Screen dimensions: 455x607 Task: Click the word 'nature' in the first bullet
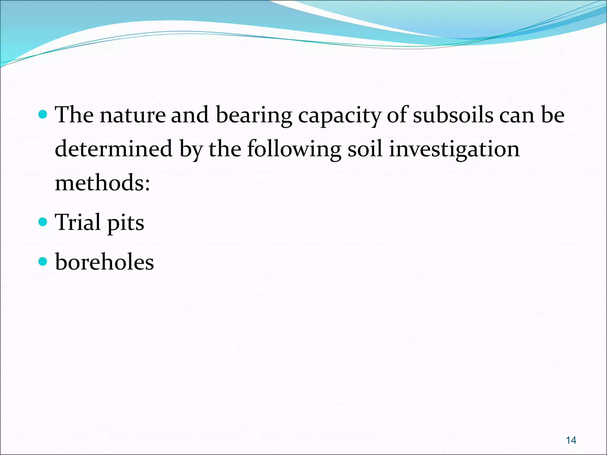[x=132, y=115]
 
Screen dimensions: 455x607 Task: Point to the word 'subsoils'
[x=453, y=115]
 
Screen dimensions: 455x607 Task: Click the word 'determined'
[x=114, y=149]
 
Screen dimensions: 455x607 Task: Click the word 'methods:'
[x=103, y=183]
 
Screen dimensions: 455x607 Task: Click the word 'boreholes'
[x=105, y=262]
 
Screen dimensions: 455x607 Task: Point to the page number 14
[x=571, y=440]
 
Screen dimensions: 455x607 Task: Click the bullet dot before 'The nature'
[x=43, y=114]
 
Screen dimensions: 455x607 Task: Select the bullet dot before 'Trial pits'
[x=43, y=221]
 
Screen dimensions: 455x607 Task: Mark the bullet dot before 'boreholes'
[x=43, y=261]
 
